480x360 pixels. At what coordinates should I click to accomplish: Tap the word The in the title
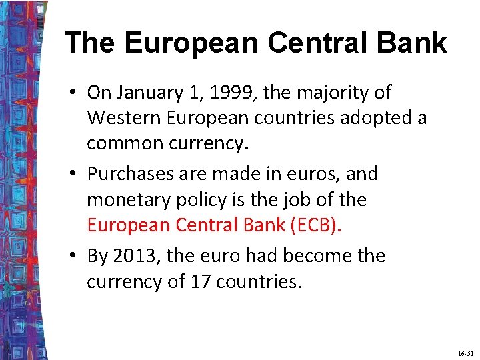pyautogui.click(x=90, y=43)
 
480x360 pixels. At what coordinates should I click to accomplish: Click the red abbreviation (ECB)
pyautogui.click(x=315, y=225)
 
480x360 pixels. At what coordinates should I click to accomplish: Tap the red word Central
pyautogui.click(x=209, y=225)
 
